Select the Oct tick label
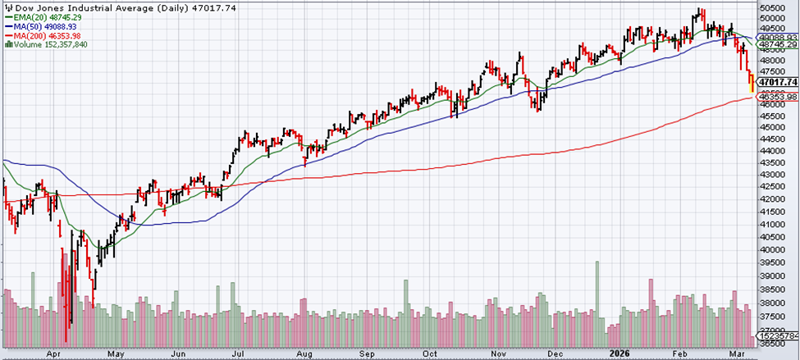coord(429,354)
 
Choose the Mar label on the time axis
coord(739,354)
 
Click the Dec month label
coord(555,354)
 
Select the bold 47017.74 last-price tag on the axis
coord(777,82)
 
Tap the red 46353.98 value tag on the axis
coord(777,97)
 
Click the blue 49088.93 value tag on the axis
coord(777,37)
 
